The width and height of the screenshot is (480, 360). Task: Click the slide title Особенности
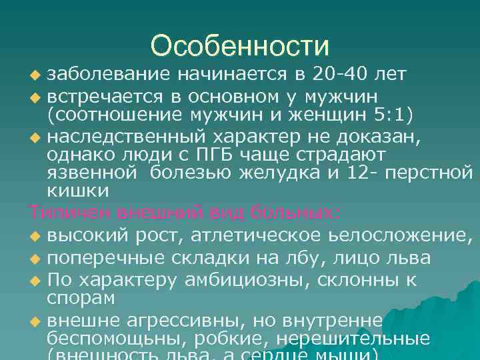click(240, 47)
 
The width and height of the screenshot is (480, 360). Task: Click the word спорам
click(81, 297)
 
